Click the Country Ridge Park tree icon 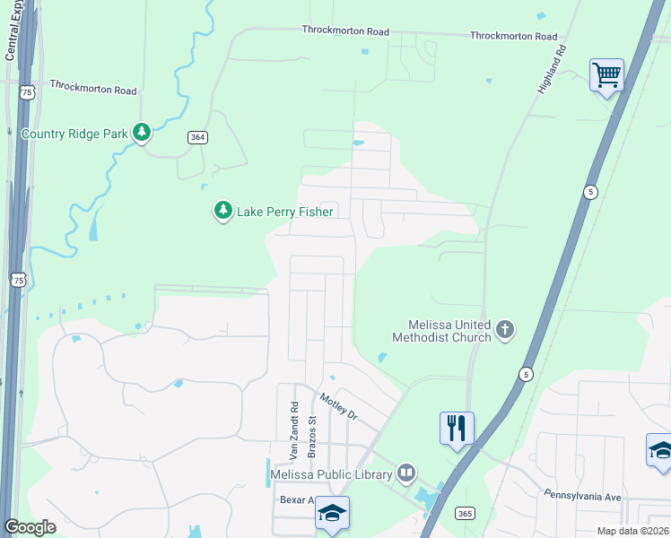[x=142, y=133]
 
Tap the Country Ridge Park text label [x=74, y=134]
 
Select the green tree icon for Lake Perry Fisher [x=222, y=211]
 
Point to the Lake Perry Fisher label [x=284, y=212]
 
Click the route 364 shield [x=198, y=137]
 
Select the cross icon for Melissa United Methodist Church [x=505, y=330]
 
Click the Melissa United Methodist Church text [x=442, y=331]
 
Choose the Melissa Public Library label [x=332, y=474]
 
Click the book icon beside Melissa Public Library [x=406, y=473]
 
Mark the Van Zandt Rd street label [x=293, y=427]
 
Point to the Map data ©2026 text [x=632, y=531]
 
